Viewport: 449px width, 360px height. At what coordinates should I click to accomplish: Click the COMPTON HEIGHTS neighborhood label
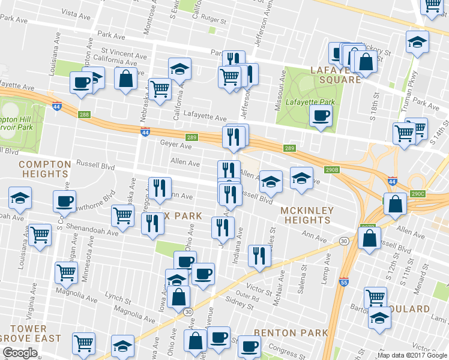click(x=43, y=169)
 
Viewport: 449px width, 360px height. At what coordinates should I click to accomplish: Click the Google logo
click(x=20, y=353)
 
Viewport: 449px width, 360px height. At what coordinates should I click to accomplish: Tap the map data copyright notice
click(x=412, y=355)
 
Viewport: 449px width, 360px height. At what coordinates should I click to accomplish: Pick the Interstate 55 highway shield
click(x=343, y=282)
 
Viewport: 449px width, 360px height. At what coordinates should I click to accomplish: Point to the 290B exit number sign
click(x=333, y=170)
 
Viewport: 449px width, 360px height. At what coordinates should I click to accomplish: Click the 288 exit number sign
click(x=84, y=115)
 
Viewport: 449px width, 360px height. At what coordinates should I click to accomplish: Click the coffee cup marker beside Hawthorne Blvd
click(x=64, y=202)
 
